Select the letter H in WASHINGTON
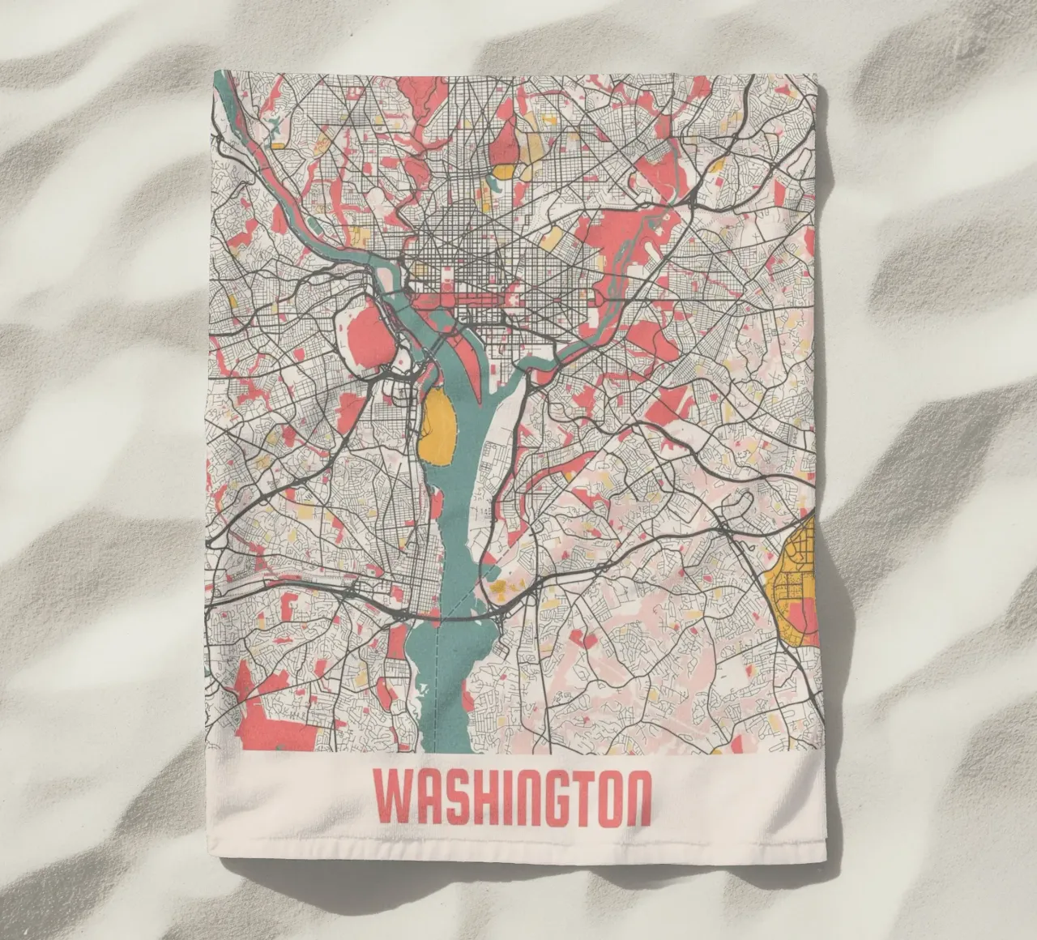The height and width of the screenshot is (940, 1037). [472, 797]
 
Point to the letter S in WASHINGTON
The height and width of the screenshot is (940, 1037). [445, 797]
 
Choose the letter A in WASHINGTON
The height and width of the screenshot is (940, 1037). [419, 797]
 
